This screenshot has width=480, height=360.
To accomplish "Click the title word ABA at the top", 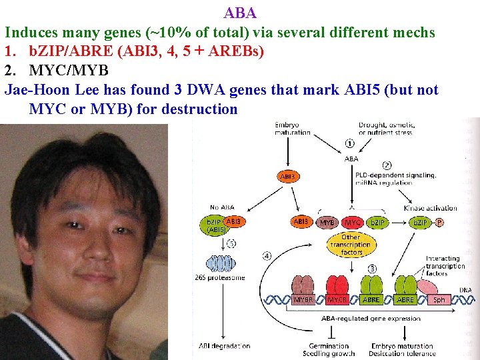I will pos(240,13).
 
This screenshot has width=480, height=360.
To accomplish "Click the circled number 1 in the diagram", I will pos(349,142).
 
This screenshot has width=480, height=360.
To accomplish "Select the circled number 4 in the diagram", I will pos(267,255).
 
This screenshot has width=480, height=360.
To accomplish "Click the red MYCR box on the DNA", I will pos(337,300).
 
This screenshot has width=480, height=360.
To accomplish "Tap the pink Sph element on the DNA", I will pos(439,300).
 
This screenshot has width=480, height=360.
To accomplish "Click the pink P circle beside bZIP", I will pos(439,221).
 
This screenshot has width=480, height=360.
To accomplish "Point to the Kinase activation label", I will pos(431,208).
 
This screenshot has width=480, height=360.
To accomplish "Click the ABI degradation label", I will pos(225,345).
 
